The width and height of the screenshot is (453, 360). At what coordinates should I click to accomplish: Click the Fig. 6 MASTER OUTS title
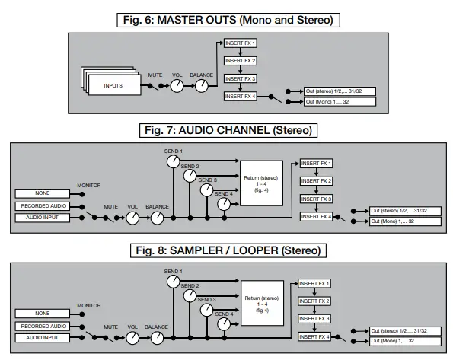click(x=227, y=18)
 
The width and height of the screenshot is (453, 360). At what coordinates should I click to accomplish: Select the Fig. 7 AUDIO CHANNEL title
click(x=227, y=130)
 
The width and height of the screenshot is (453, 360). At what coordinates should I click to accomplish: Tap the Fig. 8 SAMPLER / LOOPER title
click(x=227, y=250)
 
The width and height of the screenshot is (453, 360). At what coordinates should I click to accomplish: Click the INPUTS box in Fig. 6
click(x=112, y=86)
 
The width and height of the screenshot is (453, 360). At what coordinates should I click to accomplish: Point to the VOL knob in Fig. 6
click(x=177, y=87)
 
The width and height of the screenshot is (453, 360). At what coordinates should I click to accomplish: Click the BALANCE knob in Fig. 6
click(x=201, y=87)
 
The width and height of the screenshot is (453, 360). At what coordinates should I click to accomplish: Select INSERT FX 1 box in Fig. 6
click(x=240, y=43)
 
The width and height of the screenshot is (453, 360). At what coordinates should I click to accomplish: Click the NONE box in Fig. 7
click(x=43, y=193)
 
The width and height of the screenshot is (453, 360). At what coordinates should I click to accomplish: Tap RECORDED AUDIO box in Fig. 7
click(x=43, y=205)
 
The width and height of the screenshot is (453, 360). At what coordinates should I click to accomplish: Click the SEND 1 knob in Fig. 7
click(x=173, y=161)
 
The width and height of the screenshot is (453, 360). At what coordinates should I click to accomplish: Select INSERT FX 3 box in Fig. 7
click(x=317, y=199)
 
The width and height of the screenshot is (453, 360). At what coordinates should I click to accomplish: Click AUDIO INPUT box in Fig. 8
click(x=43, y=337)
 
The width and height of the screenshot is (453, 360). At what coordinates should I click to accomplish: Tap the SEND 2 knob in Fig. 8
click(x=190, y=295)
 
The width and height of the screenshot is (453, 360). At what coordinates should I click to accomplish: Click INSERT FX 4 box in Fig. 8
click(x=316, y=336)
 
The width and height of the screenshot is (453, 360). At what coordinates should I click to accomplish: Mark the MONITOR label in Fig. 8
click(x=88, y=305)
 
